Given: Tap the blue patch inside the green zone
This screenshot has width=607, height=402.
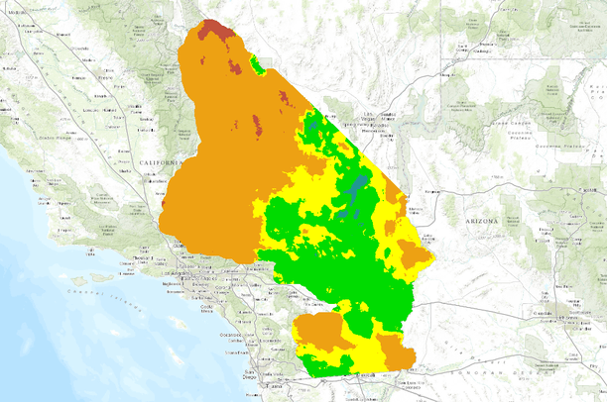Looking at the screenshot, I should pos(354,188).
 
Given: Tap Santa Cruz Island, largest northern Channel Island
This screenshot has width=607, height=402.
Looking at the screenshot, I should pos(98,278).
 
